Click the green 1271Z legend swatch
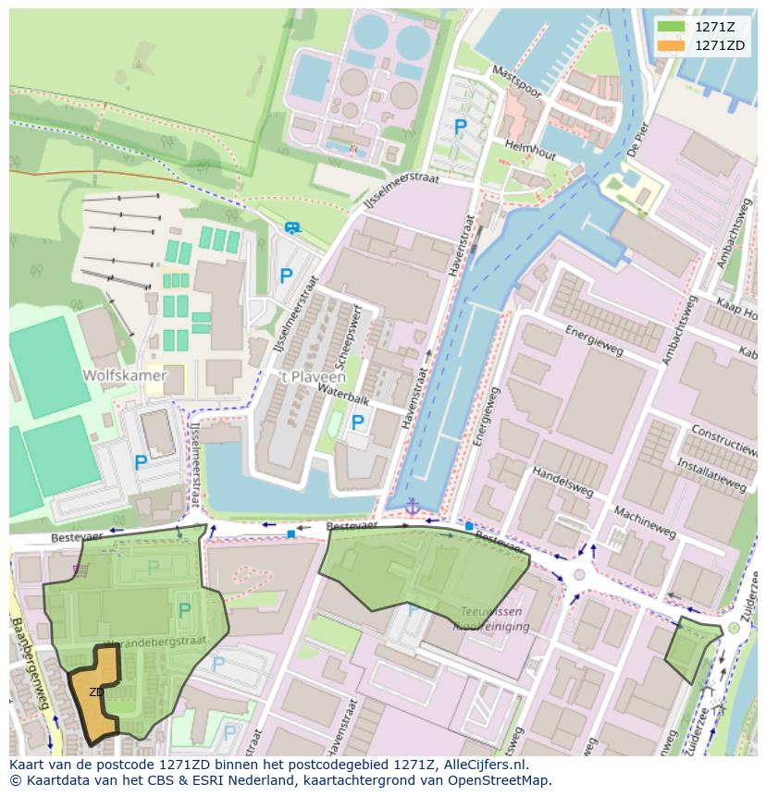(671, 26)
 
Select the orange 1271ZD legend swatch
(671, 45)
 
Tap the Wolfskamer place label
(124, 375)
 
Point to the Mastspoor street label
(516, 81)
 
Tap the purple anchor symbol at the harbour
(412, 506)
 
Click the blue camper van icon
(292, 227)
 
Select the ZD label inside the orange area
(96, 692)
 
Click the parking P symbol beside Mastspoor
(460, 127)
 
